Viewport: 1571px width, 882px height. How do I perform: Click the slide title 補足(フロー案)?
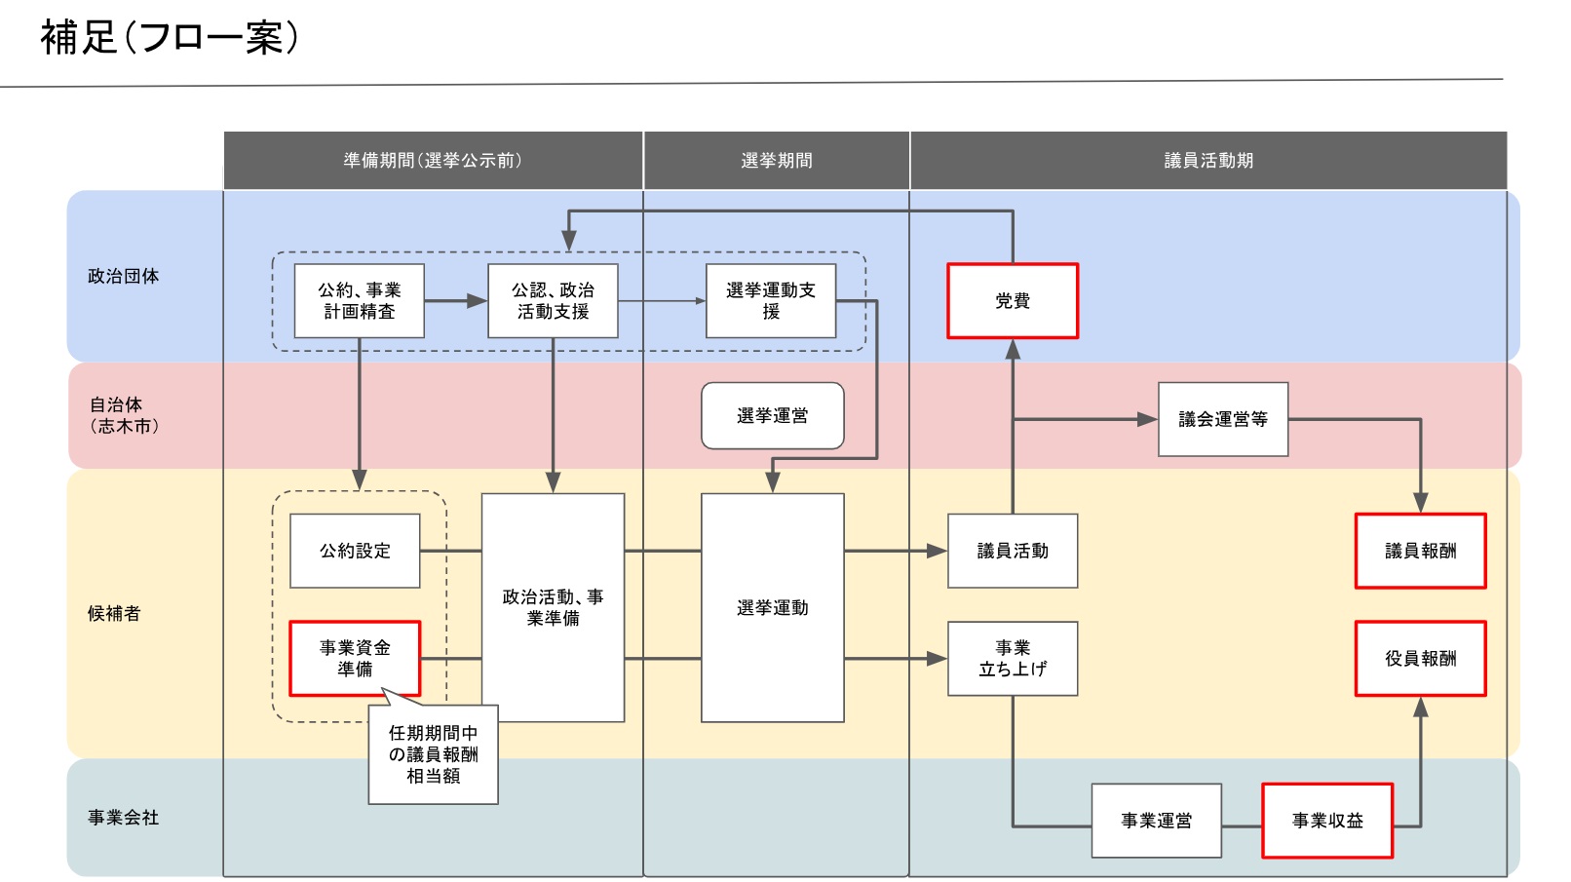click(x=170, y=37)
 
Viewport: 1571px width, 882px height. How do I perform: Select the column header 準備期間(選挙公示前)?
click(x=433, y=161)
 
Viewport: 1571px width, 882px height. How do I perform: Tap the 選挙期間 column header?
click(x=777, y=161)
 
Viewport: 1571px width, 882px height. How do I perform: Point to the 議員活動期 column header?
click(x=1208, y=161)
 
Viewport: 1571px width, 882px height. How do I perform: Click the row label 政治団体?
click(x=124, y=276)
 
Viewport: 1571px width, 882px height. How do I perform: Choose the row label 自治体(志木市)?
click(x=124, y=415)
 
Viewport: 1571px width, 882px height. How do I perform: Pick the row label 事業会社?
click(x=124, y=818)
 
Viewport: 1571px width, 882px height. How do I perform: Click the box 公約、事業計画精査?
click(x=359, y=301)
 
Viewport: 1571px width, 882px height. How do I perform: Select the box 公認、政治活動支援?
click(x=553, y=301)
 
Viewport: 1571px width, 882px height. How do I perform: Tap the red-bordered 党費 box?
click(x=1013, y=301)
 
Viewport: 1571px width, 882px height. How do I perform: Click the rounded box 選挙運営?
click(x=772, y=416)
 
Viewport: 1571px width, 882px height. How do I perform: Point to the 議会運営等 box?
click(x=1223, y=419)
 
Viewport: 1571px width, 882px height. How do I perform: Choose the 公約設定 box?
click(x=355, y=551)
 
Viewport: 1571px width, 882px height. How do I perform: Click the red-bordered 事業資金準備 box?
click(x=355, y=659)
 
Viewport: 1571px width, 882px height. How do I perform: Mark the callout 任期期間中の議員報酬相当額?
click(x=434, y=754)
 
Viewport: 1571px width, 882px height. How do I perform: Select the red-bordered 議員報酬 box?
click(x=1421, y=551)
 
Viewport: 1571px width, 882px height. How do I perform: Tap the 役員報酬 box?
click(x=1421, y=659)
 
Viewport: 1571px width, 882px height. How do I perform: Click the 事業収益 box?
click(x=1327, y=821)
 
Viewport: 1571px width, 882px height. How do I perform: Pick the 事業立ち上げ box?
click(x=1013, y=659)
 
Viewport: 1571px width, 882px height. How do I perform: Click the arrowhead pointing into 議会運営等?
click(x=1147, y=419)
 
